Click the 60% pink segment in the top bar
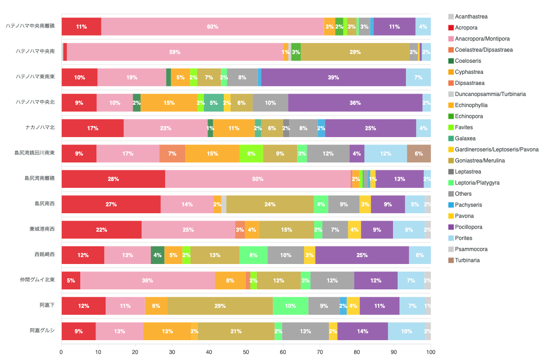click(x=213, y=27)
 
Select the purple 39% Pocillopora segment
click(x=334, y=78)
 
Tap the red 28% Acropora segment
click(x=113, y=179)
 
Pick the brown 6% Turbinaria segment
click(x=419, y=154)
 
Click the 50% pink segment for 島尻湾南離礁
click(x=257, y=179)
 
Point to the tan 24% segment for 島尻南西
click(x=270, y=204)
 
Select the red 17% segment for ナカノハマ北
click(x=93, y=128)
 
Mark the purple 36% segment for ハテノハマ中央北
click(x=355, y=103)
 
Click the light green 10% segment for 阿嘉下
click(x=291, y=306)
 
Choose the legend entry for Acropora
click(x=463, y=28)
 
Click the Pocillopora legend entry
click(x=465, y=227)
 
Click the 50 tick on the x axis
click(x=246, y=352)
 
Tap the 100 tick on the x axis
click(x=430, y=352)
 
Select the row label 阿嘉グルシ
click(x=42, y=330)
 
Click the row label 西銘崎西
click(x=45, y=254)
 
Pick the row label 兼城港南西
click(x=42, y=229)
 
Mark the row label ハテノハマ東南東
click(x=36, y=77)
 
